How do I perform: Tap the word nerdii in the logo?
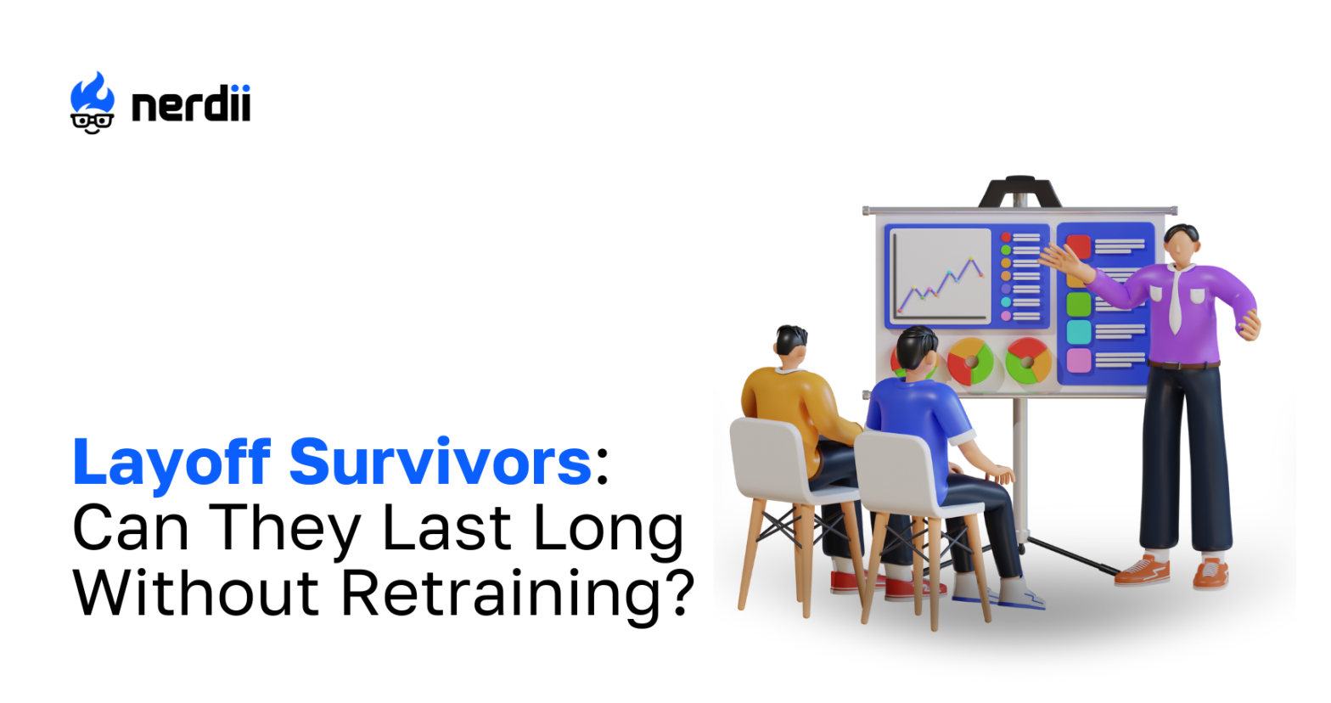(x=191, y=104)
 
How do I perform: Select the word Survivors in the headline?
(x=440, y=461)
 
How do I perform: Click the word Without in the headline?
(x=196, y=593)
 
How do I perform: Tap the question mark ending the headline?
(x=679, y=592)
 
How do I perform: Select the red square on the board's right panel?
(x=1078, y=246)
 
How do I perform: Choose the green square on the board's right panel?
(x=1078, y=304)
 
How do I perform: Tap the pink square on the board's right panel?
(x=1078, y=360)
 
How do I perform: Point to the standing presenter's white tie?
(x=1175, y=300)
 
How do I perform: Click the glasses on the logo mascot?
(x=92, y=121)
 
